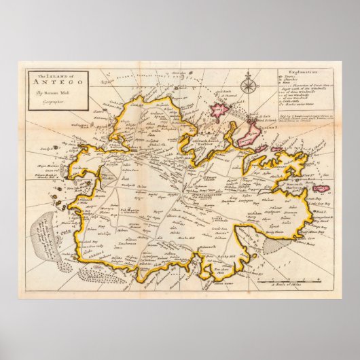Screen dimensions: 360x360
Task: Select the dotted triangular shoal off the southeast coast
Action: point(268,251)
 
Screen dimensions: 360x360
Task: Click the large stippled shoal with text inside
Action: point(48,230)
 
